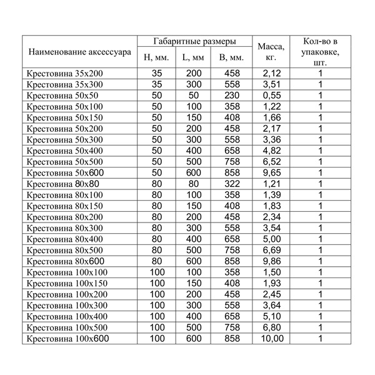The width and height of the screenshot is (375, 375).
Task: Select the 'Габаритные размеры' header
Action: [194, 41]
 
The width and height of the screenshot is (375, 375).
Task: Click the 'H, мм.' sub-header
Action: [156, 58]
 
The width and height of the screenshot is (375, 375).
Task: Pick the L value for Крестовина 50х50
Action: [194, 96]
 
